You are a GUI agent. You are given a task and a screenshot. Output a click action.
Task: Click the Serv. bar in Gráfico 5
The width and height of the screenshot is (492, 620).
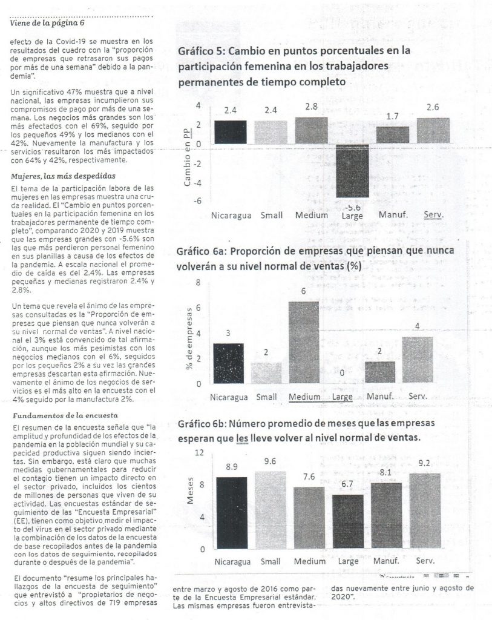tap(433, 130)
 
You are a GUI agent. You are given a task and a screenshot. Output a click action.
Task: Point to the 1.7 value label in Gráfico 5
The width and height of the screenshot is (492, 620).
tap(392, 116)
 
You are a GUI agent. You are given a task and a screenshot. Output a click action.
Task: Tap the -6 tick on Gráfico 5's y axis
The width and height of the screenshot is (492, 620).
tap(198, 201)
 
